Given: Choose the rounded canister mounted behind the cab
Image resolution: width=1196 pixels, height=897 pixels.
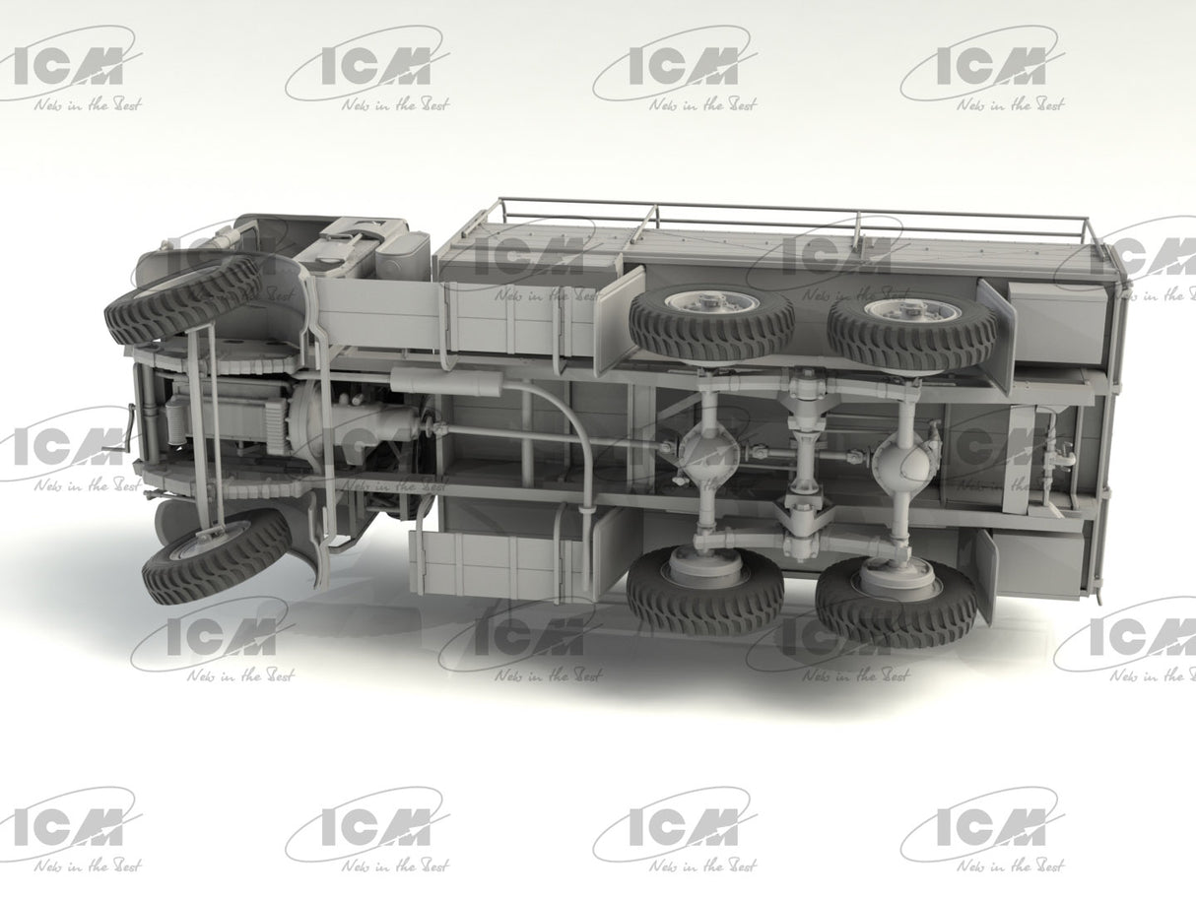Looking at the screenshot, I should tap(404, 254).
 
